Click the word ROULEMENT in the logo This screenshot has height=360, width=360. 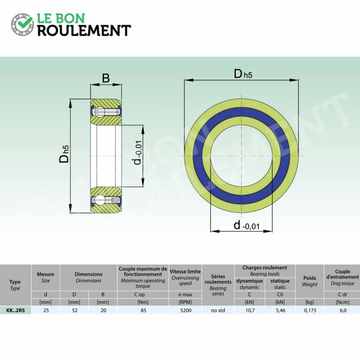click(84, 31)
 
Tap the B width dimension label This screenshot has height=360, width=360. click(106, 78)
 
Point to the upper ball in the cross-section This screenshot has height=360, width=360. click(100, 112)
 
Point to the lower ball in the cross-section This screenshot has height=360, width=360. click(100, 200)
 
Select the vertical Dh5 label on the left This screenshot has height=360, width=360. click(64, 154)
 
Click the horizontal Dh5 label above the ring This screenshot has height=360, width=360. click(243, 74)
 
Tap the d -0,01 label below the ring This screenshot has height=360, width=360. click(246, 225)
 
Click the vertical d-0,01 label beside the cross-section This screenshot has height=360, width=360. click(138, 153)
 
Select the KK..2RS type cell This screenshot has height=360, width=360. click(15, 310)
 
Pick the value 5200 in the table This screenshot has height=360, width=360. click(186, 310)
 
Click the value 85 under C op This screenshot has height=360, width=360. click(144, 310)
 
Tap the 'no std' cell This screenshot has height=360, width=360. click(218, 310)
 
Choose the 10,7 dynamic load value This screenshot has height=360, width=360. click(250, 310)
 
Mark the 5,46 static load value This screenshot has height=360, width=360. click(280, 310)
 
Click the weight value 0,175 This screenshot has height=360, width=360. click(310, 310)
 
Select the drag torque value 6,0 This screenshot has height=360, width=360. click(343, 310)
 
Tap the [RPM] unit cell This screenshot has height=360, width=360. click(185, 302)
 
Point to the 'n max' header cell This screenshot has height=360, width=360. click(185, 294)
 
